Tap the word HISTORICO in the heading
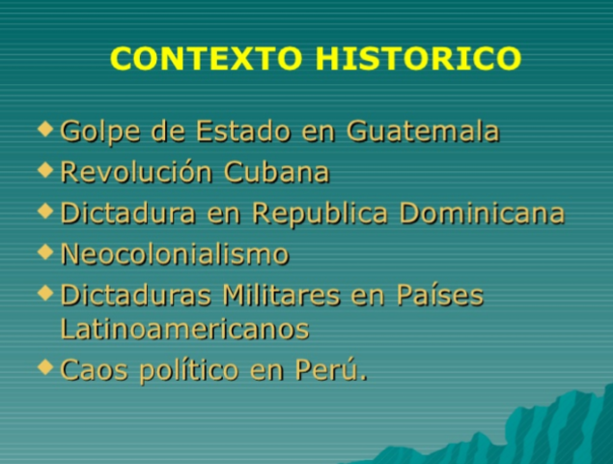click(418, 58)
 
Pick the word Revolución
click(136, 172)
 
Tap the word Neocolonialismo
click(175, 254)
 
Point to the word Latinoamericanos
click(184, 329)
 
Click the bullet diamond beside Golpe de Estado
click(46, 128)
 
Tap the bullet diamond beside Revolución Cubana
click(46, 169)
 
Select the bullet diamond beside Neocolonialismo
click(46, 251)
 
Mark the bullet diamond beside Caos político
click(46, 366)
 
